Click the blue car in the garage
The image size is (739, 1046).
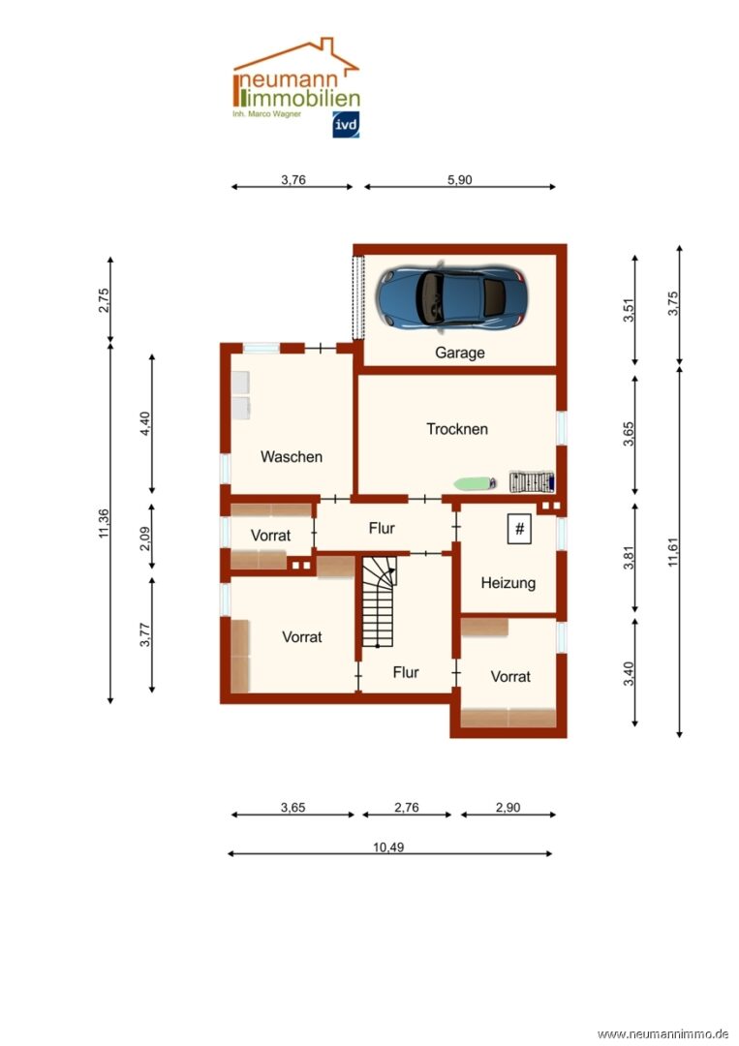451,297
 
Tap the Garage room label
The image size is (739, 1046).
459,353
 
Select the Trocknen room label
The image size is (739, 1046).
457,429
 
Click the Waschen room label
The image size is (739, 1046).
292,457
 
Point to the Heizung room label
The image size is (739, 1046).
508,583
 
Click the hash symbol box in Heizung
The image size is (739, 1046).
519,530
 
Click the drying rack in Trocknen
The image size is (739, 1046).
532,481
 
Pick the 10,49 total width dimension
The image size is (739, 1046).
388,847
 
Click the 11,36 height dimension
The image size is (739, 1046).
104,524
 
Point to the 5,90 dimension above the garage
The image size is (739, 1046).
459,179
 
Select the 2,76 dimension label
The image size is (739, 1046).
406,807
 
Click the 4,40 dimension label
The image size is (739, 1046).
144,424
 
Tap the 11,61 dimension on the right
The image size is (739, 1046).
673,552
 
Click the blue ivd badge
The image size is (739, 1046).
346,125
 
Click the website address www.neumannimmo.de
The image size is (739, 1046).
663,1034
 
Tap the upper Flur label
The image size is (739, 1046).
382,529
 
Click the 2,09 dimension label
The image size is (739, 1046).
144,539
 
